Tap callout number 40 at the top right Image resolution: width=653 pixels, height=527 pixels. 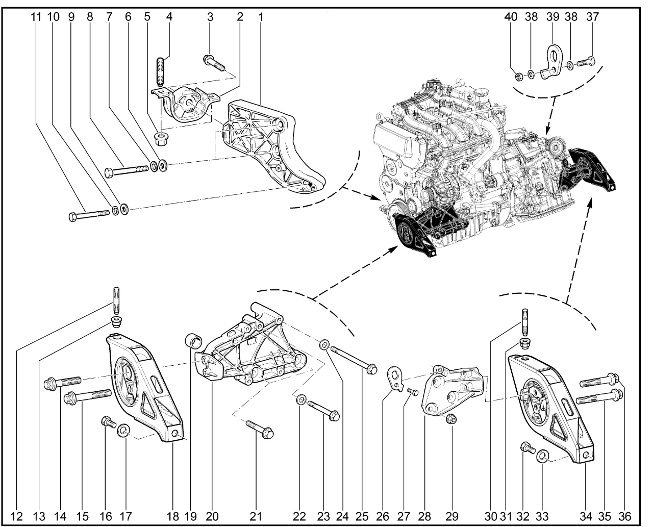(517, 16)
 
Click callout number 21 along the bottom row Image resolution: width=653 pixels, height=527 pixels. (255, 516)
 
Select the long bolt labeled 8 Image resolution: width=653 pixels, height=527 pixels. (128, 170)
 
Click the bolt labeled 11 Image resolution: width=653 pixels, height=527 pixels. (90, 215)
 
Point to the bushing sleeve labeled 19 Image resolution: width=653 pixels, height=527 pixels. (193, 340)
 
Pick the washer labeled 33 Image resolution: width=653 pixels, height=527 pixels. (543, 454)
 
